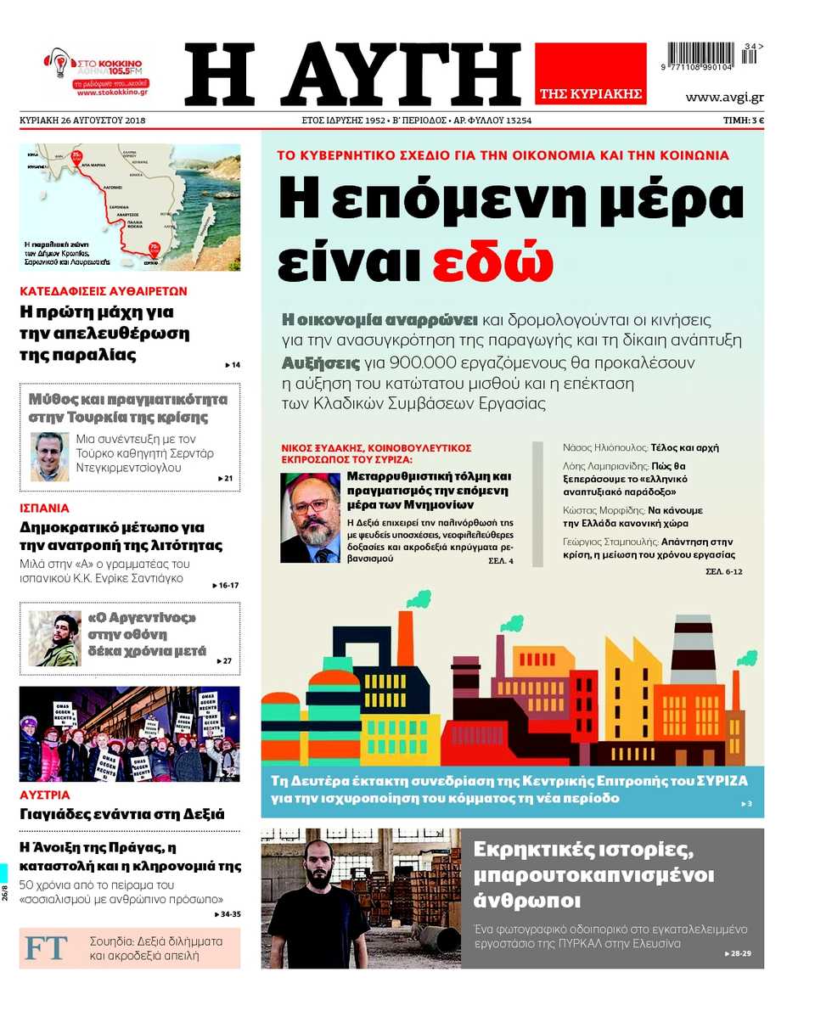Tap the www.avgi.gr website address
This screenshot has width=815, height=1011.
(724, 97)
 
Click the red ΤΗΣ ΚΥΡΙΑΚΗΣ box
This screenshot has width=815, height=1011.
(590, 74)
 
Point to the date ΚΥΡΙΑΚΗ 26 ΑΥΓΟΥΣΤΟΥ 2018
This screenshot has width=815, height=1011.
(82, 121)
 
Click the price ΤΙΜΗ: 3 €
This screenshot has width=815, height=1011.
(744, 121)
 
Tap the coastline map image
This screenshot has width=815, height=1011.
(130, 207)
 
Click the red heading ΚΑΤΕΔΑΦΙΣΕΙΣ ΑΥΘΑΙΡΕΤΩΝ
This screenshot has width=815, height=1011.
(104, 290)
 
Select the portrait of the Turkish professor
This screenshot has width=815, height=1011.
(50, 457)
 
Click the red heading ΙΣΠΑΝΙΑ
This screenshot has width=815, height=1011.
(44, 508)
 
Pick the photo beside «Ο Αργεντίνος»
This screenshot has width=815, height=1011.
(54, 638)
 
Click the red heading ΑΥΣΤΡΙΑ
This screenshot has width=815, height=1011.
(45, 795)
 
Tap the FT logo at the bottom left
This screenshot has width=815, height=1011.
(46, 948)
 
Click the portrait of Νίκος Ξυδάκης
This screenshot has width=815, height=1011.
(310, 517)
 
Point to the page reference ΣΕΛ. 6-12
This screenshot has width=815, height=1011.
(723, 572)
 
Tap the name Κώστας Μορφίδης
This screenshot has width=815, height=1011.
(591, 511)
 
